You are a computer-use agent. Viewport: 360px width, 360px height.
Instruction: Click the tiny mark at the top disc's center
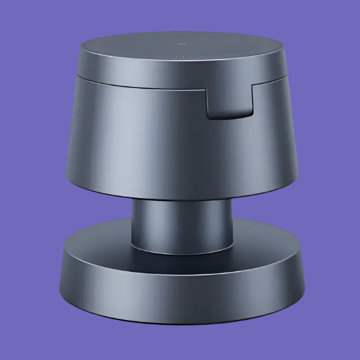(180, 44)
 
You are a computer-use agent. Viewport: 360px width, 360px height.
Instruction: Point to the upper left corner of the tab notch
(207, 89)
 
